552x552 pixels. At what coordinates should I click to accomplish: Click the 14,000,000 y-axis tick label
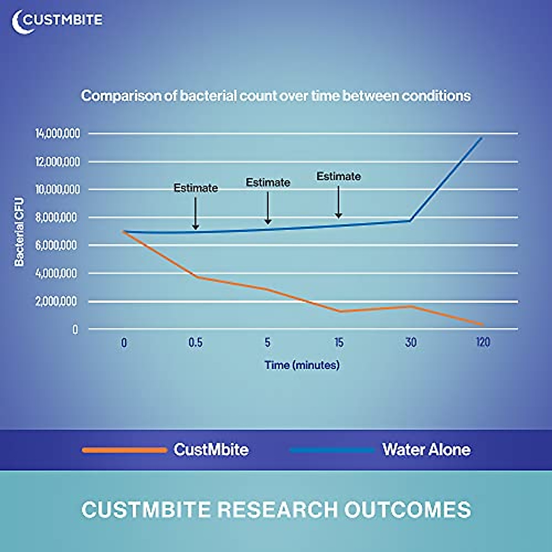[x=57, y=133]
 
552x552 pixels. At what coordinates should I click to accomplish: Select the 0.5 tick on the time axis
[x=195, y=343]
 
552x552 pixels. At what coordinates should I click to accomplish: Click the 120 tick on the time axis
[x=483, y=343]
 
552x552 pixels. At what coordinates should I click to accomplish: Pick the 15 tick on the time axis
[x=339, y=343]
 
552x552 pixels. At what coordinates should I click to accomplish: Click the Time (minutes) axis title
[x=302, y=365]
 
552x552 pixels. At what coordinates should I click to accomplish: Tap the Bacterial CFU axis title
[x=19, y=232]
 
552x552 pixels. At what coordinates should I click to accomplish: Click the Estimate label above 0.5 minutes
[x=195, y=188]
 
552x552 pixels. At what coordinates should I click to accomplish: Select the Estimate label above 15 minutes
[x=339, y=176]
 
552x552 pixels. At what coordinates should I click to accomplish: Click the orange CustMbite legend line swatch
[x=124, y=450]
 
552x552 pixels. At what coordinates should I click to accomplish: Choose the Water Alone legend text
[x=426, y=449]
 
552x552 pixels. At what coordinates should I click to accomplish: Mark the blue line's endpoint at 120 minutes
[x=482, y=137]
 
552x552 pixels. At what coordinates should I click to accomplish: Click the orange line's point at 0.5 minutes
[x=196, y=277]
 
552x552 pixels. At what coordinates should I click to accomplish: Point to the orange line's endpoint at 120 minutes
[x=482, y=325]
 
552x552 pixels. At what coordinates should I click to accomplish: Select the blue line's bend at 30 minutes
[x=410, y=221]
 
